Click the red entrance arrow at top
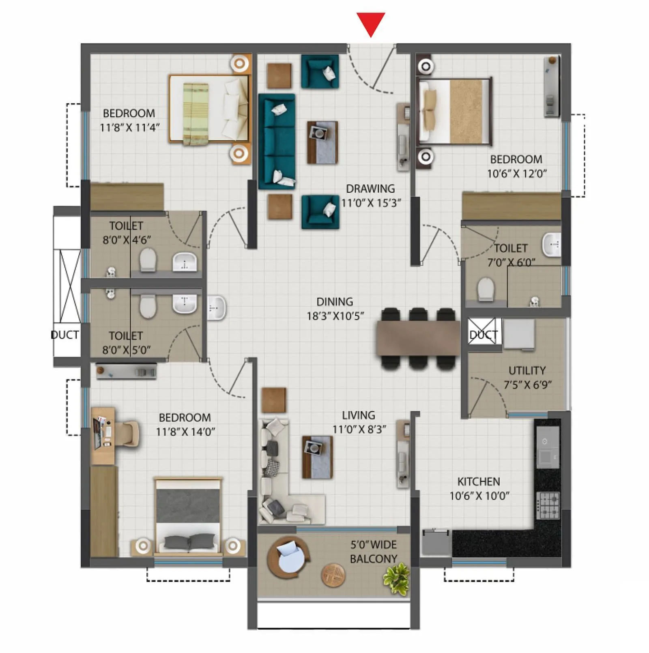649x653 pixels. (x=370, y=24)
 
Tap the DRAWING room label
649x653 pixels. (x=370, y=189)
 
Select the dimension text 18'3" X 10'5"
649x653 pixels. (x=335, y=316)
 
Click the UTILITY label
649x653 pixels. (x=527, y=370)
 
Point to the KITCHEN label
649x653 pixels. (x=479, y=481)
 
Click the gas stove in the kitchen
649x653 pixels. (x=548, y=505)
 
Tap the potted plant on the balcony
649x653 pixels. (x=396, y=578)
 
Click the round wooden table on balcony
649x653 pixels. (x=333, y=575)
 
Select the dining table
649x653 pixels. (x=418, y=338)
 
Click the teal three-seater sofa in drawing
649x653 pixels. (x=277, y=141)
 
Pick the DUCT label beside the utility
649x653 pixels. (x=483, y=335)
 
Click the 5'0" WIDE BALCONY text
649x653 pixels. (x=373, y=552)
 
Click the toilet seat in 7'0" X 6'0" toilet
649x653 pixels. (x=485, y=289)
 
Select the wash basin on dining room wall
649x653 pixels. (x=217, y=308)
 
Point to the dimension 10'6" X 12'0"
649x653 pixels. (x=516, y=174)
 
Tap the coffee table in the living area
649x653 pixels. (x=317, y=457)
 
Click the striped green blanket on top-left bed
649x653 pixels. (x=196, y=114)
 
